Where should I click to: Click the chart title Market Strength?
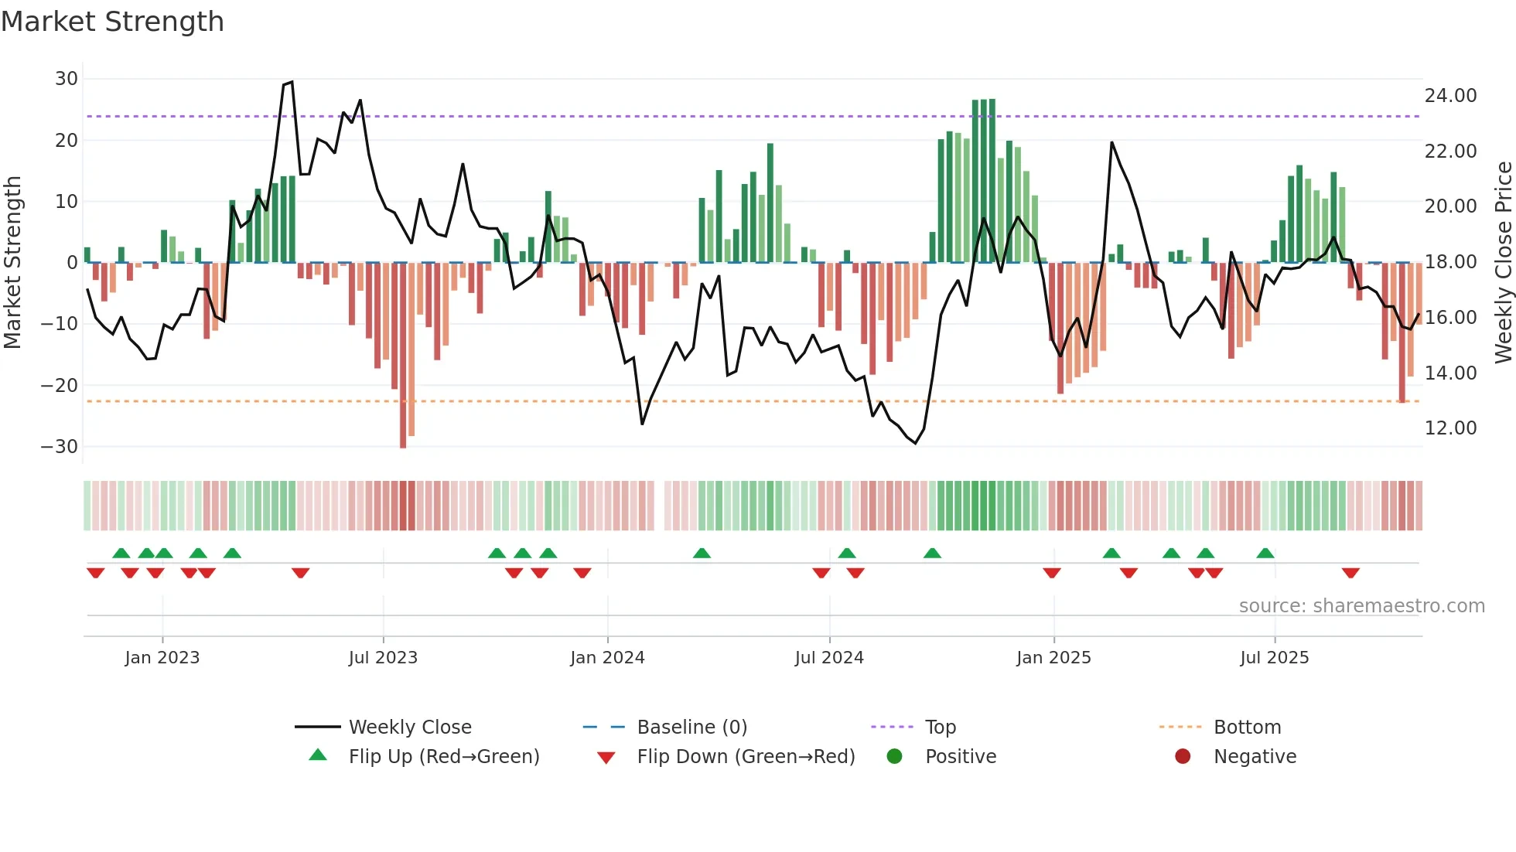click(112, 22)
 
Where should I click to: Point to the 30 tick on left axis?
click(67, 79)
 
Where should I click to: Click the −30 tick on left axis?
click(60, 447)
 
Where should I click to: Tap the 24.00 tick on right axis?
click(1450, 96)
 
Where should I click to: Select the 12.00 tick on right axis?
click(1450, 428)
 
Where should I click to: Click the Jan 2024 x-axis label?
click(607, 658)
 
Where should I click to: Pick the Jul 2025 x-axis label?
click(1274, 658)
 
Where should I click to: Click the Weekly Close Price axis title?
click(1503, 262)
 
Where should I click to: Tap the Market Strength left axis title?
click(13, 262)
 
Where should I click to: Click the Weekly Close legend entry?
click(410, 728)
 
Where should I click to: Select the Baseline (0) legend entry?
click(691, 728)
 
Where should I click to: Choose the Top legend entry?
click(941, 728)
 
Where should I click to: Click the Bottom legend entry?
click(1247, 728)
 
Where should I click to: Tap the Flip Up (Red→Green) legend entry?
click(443, 757)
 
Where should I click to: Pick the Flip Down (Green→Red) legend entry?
click(746, 757)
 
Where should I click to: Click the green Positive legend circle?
click(895, 757)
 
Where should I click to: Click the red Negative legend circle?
click(1183, 757)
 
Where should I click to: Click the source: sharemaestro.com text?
click(1361, 606)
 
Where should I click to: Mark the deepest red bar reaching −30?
click(403, 356)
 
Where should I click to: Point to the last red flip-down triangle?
click(1350, 573)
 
